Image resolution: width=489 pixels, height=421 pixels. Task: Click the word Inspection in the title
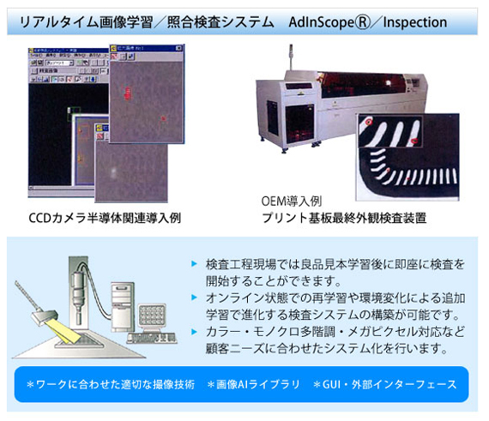point(414,22)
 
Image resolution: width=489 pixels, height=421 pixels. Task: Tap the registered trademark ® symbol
point(363,22)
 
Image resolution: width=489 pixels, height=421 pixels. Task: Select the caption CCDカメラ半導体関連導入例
point(105,218)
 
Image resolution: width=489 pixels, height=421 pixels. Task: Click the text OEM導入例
point(292,201)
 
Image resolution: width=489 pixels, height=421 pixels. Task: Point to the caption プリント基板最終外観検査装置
point(344,218)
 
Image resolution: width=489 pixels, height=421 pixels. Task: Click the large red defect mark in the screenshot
point(127,93)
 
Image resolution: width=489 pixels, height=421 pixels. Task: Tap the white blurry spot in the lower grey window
point(114,171)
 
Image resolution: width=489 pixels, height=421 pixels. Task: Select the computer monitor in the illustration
point(151,316)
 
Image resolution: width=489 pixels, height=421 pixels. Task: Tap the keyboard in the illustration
point(152,338)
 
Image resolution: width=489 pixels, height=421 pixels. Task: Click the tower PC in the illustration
point(122,307)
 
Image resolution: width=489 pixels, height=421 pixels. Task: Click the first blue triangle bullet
point(194,263)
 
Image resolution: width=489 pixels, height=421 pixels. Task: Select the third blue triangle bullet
point(194,331)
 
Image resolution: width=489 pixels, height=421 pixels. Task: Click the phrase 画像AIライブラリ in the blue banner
point(257,384)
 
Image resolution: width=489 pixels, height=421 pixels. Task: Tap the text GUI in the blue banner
point(331,384)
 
